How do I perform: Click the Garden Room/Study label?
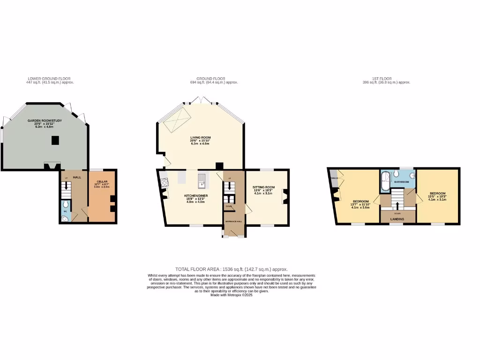pyautogui.click(x=42, y=121)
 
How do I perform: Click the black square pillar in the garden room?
pyautogui.click(x=55, y=140)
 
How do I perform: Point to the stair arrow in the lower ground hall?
pyautogui.click(x=66, y=185)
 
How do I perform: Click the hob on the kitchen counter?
pyautogui.click(x=164, y=183)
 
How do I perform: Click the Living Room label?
pyautogui.click(x=200, y=138)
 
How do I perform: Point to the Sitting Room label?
pyautogui.click(x=264, y=187)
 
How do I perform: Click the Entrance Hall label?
pyautogui.click(x=233, y=221)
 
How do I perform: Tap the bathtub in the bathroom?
pyautogui.click(x=385, y=182)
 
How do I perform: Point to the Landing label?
pyautogui.click(x=397, y=218)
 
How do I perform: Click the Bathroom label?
pyautogui.click(x=402, y=181)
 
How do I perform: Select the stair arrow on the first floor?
pyautogui.click(x=397, y=205)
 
